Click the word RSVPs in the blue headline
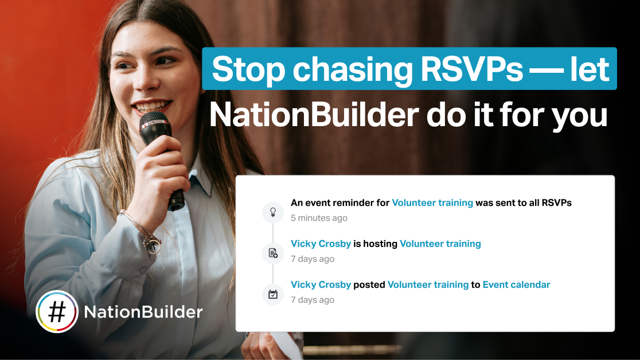click(x=471, y=69)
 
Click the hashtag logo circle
click(x=57, y=312)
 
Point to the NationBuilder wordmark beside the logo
click(x=143, y=312)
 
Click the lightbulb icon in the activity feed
click(x=272, y=212)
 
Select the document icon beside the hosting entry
click(x=272, y=253)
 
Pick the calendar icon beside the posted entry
click(x=272, y=294)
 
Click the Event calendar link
click(x=516, y=284)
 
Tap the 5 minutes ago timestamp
click(x=319, y=218)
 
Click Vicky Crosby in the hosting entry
click(x=321, y=244)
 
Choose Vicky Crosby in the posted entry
click(x=321, y=285)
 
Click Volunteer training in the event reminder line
click(x=432, y=203)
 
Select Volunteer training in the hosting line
click(x=440, y=244)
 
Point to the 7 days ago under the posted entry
click(x=312, y=300)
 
